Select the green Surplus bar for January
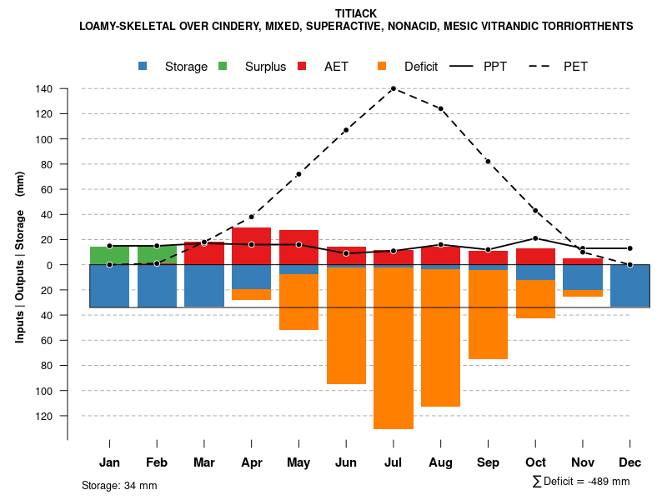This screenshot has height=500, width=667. pos(109,255)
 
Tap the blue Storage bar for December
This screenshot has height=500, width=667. pos(629,286)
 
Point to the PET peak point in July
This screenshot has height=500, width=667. pos(393,88)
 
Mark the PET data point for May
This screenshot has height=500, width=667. pos(298,174)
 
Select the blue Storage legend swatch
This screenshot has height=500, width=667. pos(144,66)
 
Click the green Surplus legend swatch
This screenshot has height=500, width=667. pos(223,66)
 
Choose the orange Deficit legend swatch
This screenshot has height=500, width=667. pos(382,66)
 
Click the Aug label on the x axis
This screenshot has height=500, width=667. pos(440,462)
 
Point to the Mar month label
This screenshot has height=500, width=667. pos(204,462)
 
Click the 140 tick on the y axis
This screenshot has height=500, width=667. pos(45,88)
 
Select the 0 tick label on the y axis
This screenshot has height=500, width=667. pos(50,265)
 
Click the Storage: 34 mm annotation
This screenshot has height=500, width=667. pos(119,485)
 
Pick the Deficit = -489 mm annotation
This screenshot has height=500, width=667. pos(581,482)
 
